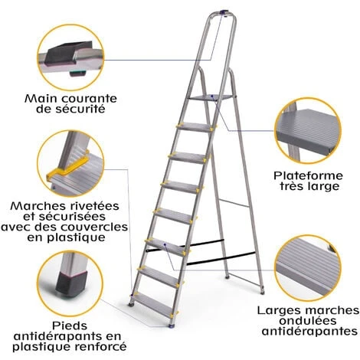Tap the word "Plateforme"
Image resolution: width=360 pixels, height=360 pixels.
[308, 176]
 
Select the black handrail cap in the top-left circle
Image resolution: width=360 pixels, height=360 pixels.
[67, 53]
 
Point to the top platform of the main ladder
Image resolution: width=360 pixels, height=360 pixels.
[210, 97]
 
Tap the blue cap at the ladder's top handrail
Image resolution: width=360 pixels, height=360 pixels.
[224, 12]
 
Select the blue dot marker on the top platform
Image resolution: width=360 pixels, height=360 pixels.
[212, 96]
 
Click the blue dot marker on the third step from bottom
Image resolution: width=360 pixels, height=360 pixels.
[165, 244]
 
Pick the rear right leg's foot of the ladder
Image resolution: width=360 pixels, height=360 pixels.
[262, 291]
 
